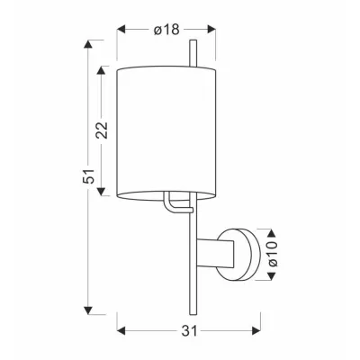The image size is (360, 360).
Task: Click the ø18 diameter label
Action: (x=167, y=30)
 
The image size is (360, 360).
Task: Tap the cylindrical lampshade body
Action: (x=167, y=126)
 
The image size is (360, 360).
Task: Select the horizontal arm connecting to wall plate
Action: (x=215, y=255)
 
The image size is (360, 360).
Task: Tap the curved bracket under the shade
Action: (x=171, y=205)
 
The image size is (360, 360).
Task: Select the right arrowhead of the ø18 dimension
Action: (x=216, y=30)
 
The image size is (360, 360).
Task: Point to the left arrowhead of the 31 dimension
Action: (x=121, y=329)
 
